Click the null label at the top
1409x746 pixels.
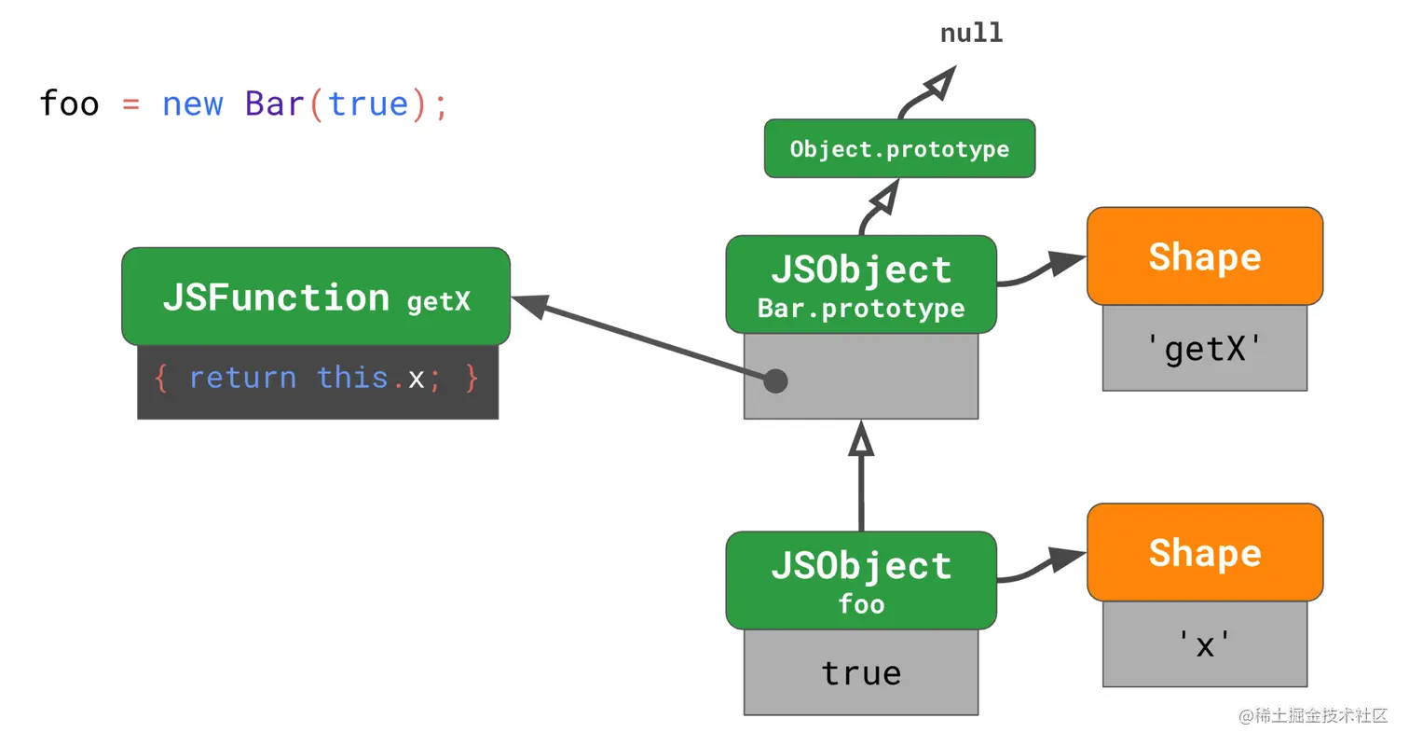pyautogui.click(x=971, y=33)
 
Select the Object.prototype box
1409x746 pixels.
pyautogui.click(x=899, y=148)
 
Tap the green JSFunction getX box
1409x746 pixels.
pyautogui.click(x=316, y=297)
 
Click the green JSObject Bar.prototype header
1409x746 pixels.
pyautogui.click(x=861, y=284)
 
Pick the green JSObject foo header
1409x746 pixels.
pyautogui.click(x=861, y=580)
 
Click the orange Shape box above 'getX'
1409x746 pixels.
pyautogui.click(x=1205, y=256)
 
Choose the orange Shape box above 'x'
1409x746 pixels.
pyautogui.click(x=1205, y=552)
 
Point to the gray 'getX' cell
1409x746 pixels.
pyautogui.click(x=1205, y=348)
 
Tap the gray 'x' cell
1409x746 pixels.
pyautogui.click(x=1205, y=644)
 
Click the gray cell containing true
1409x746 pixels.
pyautogui.click(x=861, y=672)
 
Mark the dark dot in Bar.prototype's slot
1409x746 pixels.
pyautogui.click(x=775, y=380)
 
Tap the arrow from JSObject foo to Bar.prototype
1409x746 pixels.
pyautogui.click(x=861, y=476)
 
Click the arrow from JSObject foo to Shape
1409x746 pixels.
pyautogui.click(x=1042, y=567)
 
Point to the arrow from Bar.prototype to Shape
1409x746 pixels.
pyautogui.click(x=1042, y=270)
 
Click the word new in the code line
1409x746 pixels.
pyautogui.click(x=193, y=104)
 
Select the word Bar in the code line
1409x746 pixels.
pyautogui.click(x=275, y=103)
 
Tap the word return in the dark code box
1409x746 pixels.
pyautogui.click(x=243, y=378)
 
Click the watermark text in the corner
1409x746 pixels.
pyautogui.click(x=1313, y=716)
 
